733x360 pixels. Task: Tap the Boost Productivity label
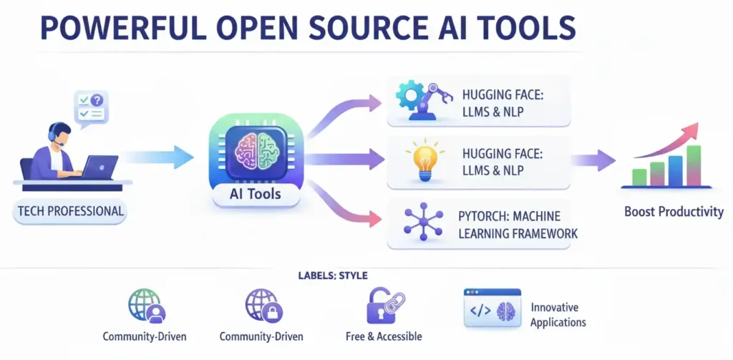[673, 212]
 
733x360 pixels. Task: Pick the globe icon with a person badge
[145, 306]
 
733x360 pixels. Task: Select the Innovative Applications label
[558, 314]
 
